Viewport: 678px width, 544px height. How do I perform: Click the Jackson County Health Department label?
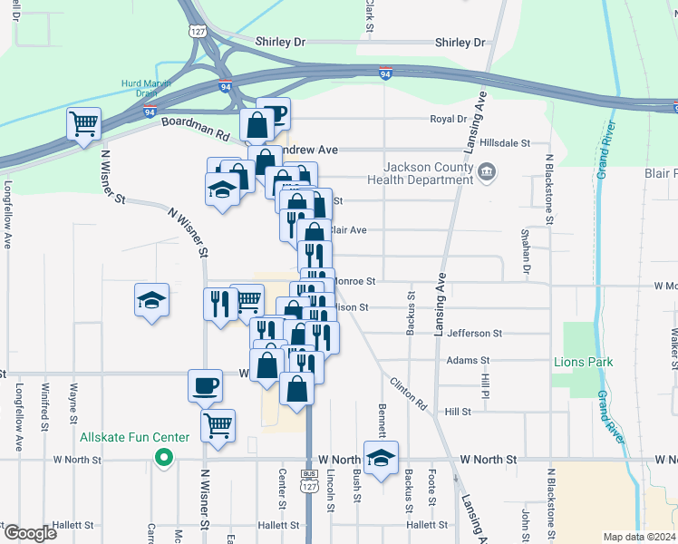pos(427,172)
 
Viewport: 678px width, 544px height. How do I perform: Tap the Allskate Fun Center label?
pos(134,437)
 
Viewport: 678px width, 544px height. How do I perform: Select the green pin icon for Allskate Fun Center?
pos(164,458)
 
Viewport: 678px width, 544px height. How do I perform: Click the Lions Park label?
pos(583,362)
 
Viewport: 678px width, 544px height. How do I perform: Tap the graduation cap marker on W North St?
pos(382,458)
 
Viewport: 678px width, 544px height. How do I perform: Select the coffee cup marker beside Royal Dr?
pos(274,113)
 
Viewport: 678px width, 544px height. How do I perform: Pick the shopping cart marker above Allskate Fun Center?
pos(218,424)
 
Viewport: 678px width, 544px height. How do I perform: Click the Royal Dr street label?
pos(448,119)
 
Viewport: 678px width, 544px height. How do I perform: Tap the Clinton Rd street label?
pos(409,394)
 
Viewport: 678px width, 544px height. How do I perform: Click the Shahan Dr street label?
pos(526,251)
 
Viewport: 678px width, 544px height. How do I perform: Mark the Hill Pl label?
pos(486,384)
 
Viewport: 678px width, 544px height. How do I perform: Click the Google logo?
pos(29,533)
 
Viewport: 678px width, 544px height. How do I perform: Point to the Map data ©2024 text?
pos(639,537)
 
